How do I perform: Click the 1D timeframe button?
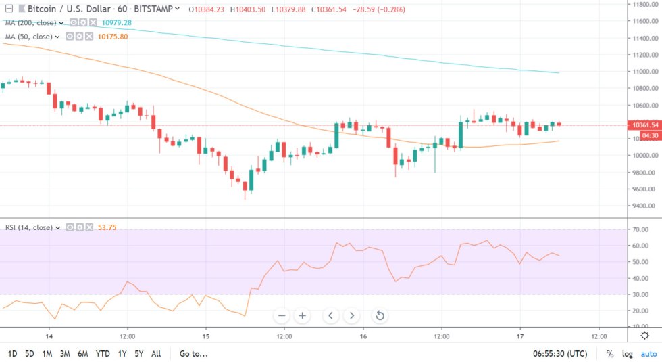click(12, 353)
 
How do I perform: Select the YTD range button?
click(103, 353)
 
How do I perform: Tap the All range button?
click(156, 353)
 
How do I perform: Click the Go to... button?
click(193, 353)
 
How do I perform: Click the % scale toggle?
click(610, 353)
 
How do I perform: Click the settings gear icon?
click(645, 336)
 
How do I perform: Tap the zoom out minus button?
click(282, 315)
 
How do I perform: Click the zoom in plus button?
click(303, 315)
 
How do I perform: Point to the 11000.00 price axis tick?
click(642, 71)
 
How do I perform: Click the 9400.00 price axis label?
click(642, 206)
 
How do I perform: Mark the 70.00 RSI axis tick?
click(642, 229)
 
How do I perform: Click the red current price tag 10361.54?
click(642, 125)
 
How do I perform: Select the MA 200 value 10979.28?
click(117, 23)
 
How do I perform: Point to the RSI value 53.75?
click(107, 227)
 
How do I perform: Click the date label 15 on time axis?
click(206, 336)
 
